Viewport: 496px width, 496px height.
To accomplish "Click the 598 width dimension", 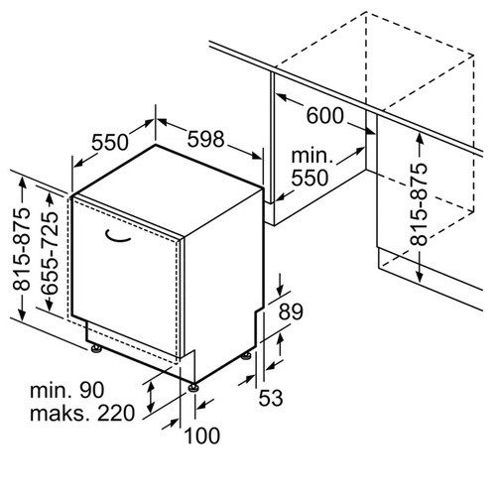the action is pyautogui.click(x=205, y=139).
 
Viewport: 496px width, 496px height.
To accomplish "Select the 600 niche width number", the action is pyautogui.click(x=325, y=116).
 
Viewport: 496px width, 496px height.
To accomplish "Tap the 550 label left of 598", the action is pyautogui.click(x=109, y=142).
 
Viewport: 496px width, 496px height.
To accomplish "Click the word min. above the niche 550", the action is pyautogui.click(x=311, y=156).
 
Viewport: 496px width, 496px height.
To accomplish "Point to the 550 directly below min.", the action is pyautogui.click(x=310, y=178).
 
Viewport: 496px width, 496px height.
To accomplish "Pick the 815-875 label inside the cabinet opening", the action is pyautogui.click(x=419, y=204).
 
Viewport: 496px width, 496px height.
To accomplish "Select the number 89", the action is pyautogui.click(x=291, y=311).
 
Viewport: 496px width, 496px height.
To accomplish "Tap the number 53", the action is pyautogui.click(x=271, y=398).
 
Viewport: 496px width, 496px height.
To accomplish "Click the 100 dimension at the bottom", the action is pyautogui.click(x=201, y=435).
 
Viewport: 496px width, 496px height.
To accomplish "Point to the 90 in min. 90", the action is pyautogui.click(x=91, y=390).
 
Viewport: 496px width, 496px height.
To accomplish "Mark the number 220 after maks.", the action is pyautogui.click(x=116, y=413).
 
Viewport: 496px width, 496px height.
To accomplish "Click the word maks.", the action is pyautogui.click(x=60, y=413).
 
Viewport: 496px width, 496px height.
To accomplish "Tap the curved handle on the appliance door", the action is pyautogui.click(x=117, y=237).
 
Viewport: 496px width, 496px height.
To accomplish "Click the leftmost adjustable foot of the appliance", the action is pyautogui.click(x=96, y=348).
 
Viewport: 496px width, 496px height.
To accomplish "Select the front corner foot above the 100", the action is pyautogui.click(x=193, y=387).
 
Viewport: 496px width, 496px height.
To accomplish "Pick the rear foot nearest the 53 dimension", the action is pyautogui.click(x=246, y=356).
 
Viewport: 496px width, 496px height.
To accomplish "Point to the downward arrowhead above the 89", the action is pyautogui.click(x=280, y=290).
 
